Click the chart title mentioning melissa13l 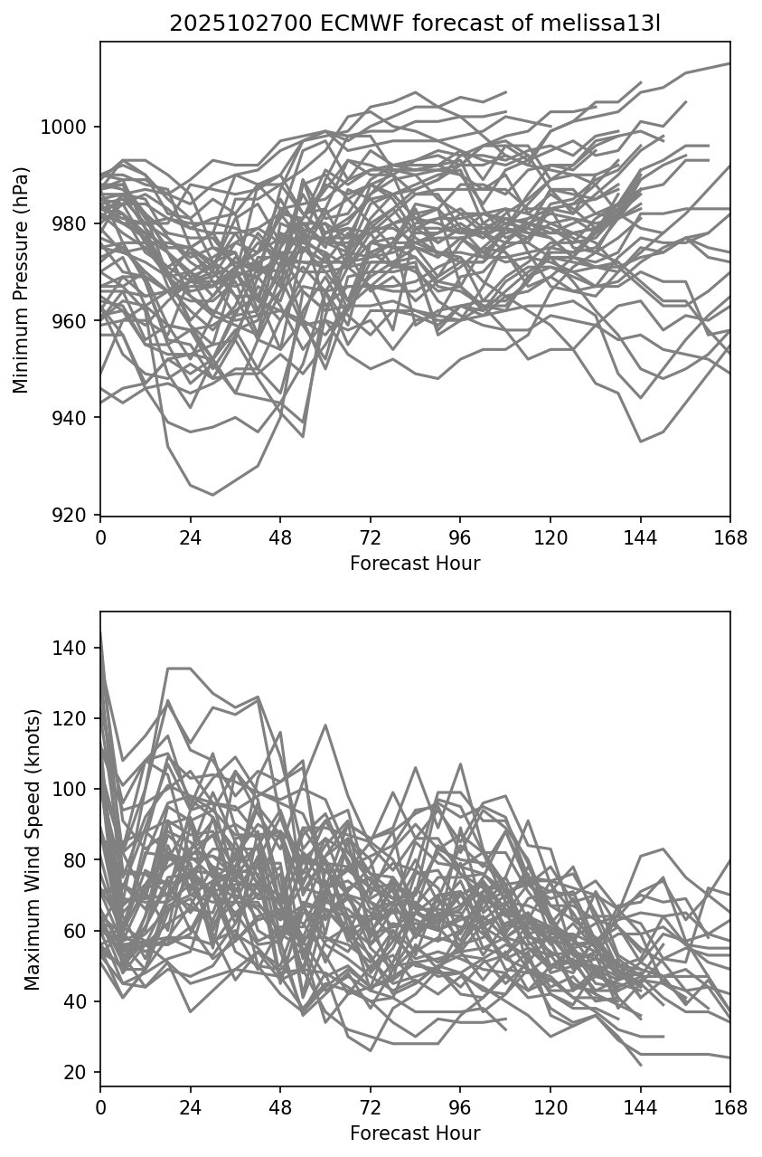[x=415, y=24]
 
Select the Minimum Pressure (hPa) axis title [x=22, y=280]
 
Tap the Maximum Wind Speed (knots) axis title [x=33, y=849]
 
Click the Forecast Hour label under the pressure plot [x=415, y=564]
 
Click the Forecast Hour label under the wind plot [x=415, y=1133]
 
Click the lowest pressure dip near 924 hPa [x=212, y=495]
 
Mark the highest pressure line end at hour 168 [x=729, y=63]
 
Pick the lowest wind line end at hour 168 [x=729, y=1057]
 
